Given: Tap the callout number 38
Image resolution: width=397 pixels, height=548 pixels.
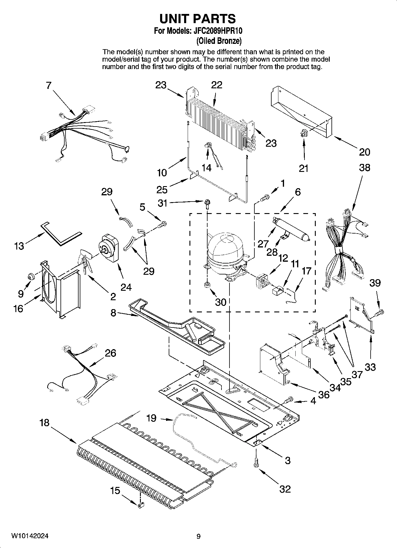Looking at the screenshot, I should [364, 168].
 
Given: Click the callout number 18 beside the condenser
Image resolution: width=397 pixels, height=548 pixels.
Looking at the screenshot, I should [44, 423].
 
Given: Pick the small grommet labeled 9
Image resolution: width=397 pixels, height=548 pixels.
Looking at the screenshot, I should [31, 277].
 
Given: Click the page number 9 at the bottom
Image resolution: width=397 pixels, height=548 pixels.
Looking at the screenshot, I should [198, 536].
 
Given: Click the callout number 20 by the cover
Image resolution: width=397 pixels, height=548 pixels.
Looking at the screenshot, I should [364, 152].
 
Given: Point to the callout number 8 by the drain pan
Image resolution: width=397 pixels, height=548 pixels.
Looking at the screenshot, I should [113, 313].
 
